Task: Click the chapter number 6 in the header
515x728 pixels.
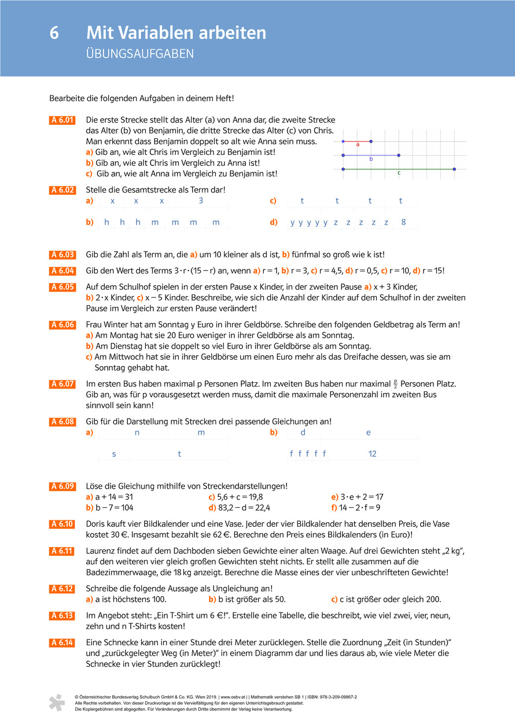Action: click(54, 33)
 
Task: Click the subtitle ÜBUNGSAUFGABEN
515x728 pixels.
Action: click(139, 55)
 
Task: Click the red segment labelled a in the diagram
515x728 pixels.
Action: click(357, 141)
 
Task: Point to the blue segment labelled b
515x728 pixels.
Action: click(371, 155)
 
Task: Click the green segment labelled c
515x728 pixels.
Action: click(399, 169)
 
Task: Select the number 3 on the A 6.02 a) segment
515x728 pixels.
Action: click(201, 201)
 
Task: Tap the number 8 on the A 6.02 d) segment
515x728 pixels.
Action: click(403, 223)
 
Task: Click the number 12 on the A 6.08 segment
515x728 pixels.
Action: click(372, 454)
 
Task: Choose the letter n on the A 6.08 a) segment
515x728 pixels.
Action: click(137, 433)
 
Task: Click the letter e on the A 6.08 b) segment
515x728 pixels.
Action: click(369, 433)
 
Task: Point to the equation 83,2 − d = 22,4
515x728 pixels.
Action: click(239, 508)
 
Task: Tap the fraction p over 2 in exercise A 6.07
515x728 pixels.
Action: click(396, 383)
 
